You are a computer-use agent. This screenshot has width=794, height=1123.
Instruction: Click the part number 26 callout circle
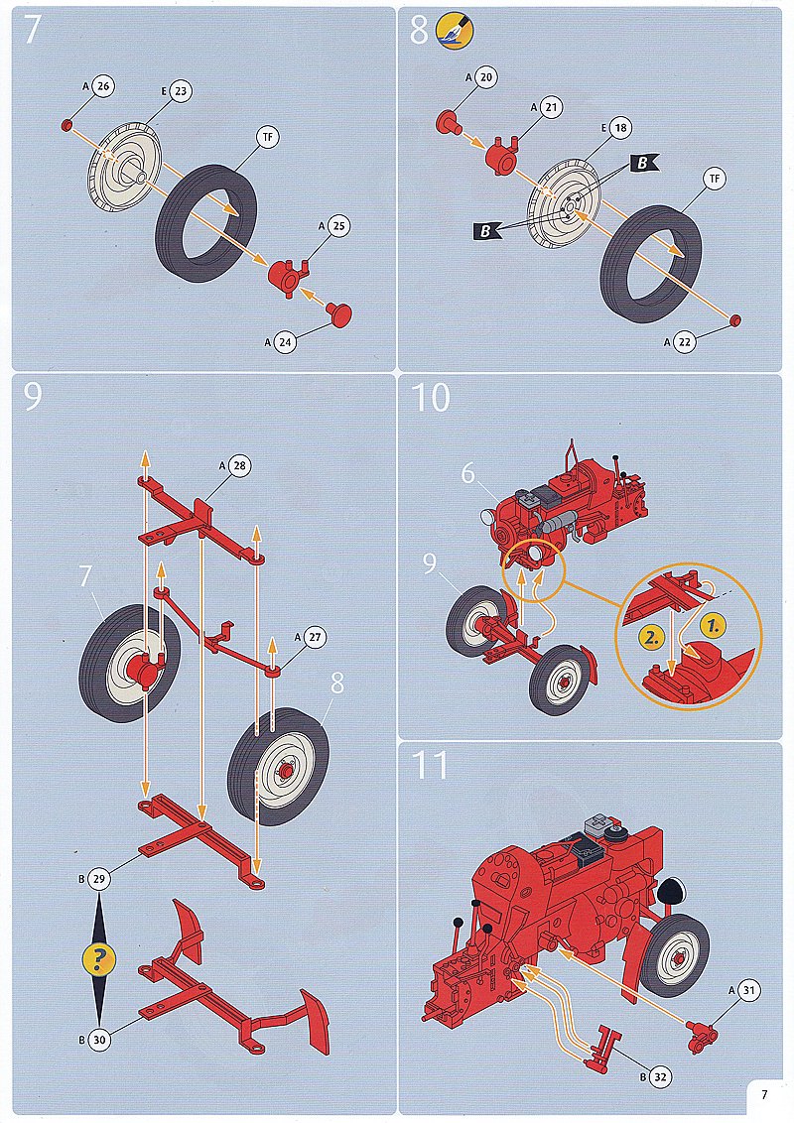point(103,86)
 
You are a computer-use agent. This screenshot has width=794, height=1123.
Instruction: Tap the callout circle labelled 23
point(181,91)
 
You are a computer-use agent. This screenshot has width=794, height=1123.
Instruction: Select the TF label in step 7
point(268,137)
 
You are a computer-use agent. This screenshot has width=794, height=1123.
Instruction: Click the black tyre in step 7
point(206,223)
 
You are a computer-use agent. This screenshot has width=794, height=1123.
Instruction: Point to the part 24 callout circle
point(285,341)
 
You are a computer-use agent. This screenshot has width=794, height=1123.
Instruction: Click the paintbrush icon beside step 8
point(455,31)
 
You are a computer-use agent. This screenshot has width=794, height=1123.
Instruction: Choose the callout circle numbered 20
point(486,77)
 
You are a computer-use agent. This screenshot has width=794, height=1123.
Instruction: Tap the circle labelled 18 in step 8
point(620,128)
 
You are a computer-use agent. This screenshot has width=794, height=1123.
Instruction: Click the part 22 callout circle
point(685,342)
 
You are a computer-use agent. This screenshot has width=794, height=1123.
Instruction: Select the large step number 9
point(33,397)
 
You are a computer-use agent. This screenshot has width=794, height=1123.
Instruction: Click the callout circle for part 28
point(239,465)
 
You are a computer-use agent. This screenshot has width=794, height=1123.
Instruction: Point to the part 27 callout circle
point(315,637)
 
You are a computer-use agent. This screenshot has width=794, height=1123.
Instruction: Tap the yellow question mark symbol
point(99,957)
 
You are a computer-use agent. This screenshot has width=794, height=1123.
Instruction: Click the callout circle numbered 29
point(99,879)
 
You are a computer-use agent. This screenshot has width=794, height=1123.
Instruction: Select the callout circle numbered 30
point(99,1040)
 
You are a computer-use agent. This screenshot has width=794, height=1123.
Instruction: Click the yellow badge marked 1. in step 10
point(713,626)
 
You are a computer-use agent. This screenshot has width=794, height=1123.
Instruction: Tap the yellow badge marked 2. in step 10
point(651,637)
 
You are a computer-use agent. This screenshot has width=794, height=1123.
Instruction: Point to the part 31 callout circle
point(749,990)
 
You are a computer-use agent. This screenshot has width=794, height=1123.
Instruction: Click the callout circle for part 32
point(660,1076)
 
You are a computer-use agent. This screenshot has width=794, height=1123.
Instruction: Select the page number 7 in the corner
point(764,1094)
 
